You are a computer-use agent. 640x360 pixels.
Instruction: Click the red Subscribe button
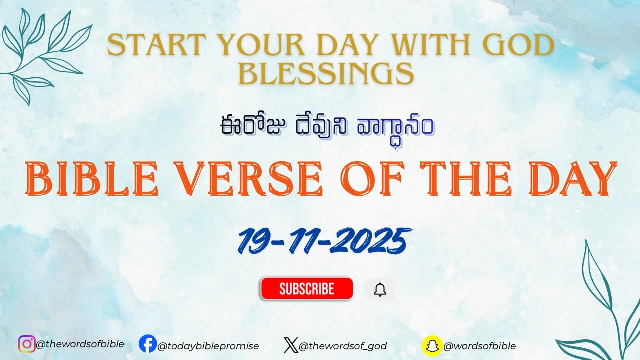pos(306,289)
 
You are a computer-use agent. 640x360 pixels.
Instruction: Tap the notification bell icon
pos(380,289)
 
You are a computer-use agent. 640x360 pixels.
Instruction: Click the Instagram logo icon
pos(27,344)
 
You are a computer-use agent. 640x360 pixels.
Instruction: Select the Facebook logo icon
pos(147,344)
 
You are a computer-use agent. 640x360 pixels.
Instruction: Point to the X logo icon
pos(290,345)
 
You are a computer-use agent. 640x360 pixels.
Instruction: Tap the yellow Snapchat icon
pos(432,345)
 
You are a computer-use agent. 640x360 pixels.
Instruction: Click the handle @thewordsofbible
pos(80,344)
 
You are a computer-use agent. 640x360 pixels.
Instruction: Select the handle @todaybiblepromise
pos(208,346)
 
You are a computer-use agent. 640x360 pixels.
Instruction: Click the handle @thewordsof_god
pos(342,346)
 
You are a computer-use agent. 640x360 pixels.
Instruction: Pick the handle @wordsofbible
pos(479,346)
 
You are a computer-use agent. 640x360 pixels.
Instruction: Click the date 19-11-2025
pos(324,241)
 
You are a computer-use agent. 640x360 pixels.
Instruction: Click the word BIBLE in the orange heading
pos(91,179)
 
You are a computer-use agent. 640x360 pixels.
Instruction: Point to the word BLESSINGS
pos(326,74)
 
